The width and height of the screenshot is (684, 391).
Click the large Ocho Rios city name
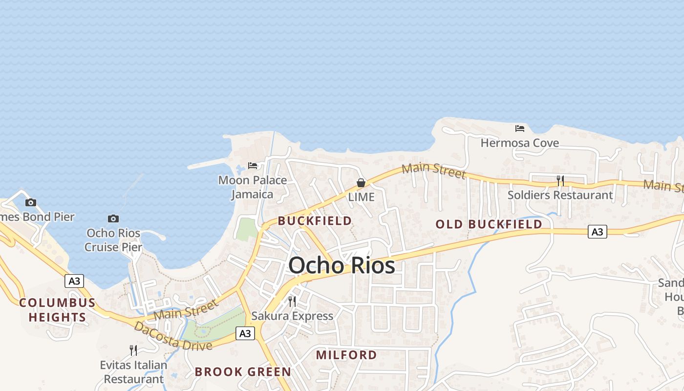click(342, 265)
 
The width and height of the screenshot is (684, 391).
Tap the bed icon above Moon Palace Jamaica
click(253, 166)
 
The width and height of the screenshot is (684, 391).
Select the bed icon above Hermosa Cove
click(520, 129)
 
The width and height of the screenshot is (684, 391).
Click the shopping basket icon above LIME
click(361, 183)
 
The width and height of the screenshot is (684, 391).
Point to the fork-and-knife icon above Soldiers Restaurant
click(560, 181)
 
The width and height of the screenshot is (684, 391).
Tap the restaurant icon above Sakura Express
click(292, 302)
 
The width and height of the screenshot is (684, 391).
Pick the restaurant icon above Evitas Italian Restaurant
click(133, 350)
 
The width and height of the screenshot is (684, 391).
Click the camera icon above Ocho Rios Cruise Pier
click(113, 218)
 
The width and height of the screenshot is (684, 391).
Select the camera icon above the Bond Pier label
click(31, 202)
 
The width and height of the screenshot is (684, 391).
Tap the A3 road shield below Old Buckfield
click(597, 232)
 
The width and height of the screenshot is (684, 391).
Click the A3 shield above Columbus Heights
click(74, 281)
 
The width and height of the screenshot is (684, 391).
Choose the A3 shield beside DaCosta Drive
click(245, 333)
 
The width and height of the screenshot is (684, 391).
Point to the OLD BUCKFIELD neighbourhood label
click(489, 224)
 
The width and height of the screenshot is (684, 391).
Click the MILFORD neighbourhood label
click(346, 355)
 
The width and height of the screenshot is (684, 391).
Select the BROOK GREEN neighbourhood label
click(243, 372)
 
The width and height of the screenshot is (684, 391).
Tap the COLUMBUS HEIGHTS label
click(57, 310)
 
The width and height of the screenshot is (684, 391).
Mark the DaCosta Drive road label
click(173, 336)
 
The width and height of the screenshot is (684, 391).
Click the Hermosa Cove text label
click(520, 143)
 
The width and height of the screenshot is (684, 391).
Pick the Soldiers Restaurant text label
click(560, 195)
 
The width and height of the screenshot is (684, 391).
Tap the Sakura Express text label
click(292, 316)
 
